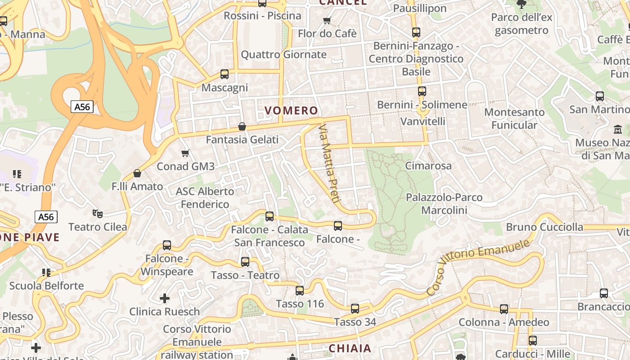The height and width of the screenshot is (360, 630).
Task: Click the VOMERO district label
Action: (x=291, y=111)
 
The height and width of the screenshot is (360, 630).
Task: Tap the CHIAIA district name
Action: (x=350, y=348)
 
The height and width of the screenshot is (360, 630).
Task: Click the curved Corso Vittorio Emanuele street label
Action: (x=478, y=266)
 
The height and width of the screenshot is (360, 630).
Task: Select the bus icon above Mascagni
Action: (x=225, y=74)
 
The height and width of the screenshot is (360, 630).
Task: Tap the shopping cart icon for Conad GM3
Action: (x=185, y=153)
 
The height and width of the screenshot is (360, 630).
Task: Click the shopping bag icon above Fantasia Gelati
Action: (x=242, y=126)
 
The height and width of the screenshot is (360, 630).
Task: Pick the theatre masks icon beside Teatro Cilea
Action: (x=97, y=213)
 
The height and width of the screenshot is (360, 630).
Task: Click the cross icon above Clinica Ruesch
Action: (x=165, y=298)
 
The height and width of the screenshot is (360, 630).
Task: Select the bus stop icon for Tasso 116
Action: (x=300, y=291)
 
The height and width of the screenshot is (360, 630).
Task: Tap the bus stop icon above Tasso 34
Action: (x=355, y=309)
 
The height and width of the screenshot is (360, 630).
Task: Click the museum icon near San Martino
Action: (x=618, y=130)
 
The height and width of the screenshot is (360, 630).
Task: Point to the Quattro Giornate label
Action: (x=283, y=55)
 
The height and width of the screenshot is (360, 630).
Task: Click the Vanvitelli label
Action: (x=423, y=121)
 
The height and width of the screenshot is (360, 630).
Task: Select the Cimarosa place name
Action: (x=428, y=166)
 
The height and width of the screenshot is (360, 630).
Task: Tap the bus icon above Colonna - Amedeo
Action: (x=504, y=309)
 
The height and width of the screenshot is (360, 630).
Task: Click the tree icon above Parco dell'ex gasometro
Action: (x=522, y=4)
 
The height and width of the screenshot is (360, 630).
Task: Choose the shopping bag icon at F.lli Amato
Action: (x=137, y=173)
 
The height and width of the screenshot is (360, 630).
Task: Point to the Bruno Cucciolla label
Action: (x=544, y=227)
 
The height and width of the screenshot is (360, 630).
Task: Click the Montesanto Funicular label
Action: (x=514, y=118)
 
